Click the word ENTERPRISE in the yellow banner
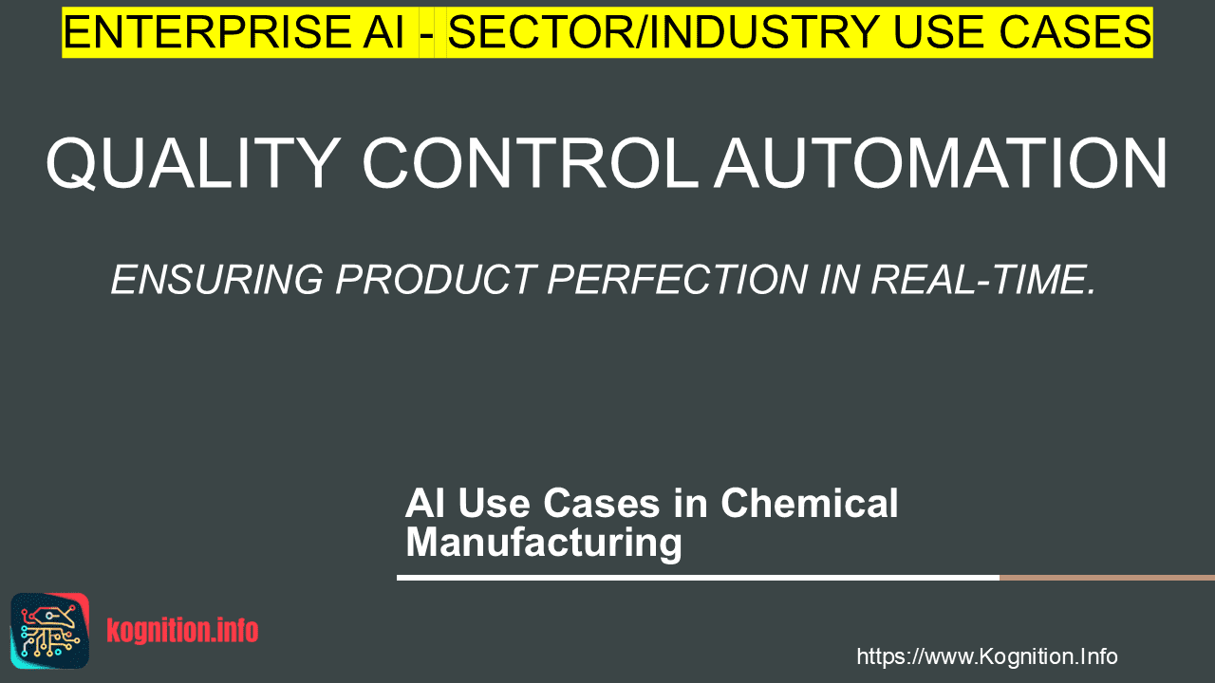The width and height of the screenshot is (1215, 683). [x=206, y=32]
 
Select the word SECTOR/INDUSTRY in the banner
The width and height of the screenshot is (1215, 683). [x=664, y=32]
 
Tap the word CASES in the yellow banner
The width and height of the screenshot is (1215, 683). [x=1075, y=32]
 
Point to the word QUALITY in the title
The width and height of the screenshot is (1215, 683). [x=193, y=163]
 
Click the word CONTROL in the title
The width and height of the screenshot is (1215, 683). [x=530, y=163]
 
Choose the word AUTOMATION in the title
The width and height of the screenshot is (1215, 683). [x=940, y=163]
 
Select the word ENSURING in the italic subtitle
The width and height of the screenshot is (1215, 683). [x=217, y=280]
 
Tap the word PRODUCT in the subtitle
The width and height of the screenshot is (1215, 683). [x=436, y=280]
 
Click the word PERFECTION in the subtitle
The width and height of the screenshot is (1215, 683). [x=678, y=280]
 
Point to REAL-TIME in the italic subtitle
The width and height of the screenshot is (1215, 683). [x=982, y=280]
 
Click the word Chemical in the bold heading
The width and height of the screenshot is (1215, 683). [x=810, y=503]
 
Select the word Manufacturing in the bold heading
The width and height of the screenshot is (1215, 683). [x=544, y=542]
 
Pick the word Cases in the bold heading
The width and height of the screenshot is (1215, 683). [x=602, y=503]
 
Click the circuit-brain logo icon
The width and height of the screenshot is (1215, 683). [x=50, y=631]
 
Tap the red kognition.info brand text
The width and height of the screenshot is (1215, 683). [x=182, y=631]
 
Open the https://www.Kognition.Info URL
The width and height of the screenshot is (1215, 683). [x=987, y=656]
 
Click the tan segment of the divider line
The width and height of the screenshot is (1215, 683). [x=1107, y=578]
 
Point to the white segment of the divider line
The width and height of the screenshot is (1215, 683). [x=698, y=578]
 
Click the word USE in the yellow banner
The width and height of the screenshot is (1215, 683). [x=941, y=32]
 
